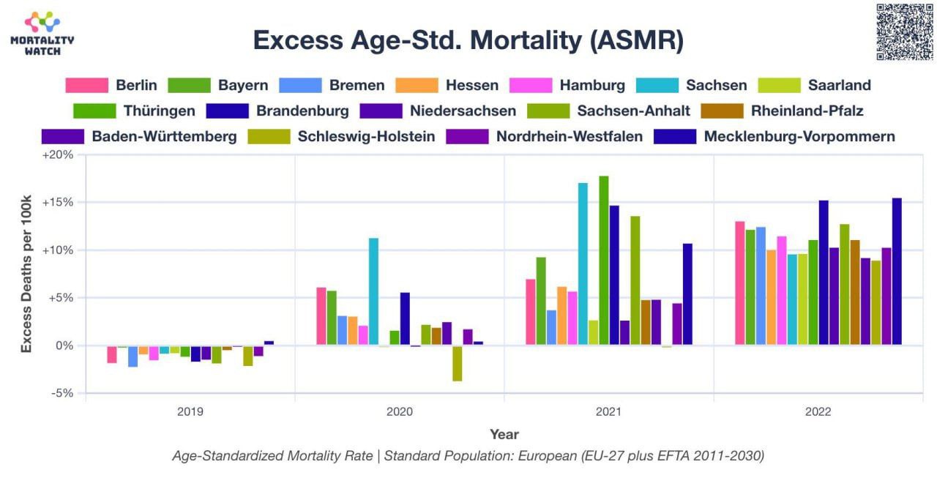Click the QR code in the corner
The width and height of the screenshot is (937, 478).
tap(904, 31)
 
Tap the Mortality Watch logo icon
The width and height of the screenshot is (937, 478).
tap(42, 22)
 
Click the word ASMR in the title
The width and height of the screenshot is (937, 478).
tap(636, 40)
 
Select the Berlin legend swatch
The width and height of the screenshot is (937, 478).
tap(87, 86)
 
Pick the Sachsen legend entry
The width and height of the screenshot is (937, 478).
tap(692, 86)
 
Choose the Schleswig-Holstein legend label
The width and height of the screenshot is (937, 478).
tap(367, 136)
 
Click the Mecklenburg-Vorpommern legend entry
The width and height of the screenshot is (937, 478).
tap(774, 136)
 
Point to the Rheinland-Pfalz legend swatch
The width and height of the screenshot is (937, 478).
tap(723, 111)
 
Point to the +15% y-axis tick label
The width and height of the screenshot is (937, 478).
tap(58, 203)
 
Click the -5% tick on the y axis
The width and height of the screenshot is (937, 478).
tap(62, 393)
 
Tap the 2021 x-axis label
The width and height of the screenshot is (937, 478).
tap(608, 412)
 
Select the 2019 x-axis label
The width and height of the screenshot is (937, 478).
tap(190, 412)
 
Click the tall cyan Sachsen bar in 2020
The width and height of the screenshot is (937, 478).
tap(373, 291)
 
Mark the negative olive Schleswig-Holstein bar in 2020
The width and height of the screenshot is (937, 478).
tap(458, 363)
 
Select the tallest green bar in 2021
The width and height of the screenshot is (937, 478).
tap(604, 261)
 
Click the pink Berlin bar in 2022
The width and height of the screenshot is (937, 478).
tap(740, 283)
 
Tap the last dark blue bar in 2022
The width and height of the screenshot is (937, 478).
tap(897, 272)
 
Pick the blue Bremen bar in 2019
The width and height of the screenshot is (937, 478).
tap(133, 356)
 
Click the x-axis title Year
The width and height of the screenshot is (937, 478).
tap(504, 435)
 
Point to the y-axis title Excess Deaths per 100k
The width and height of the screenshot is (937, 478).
tap(26, 274)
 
